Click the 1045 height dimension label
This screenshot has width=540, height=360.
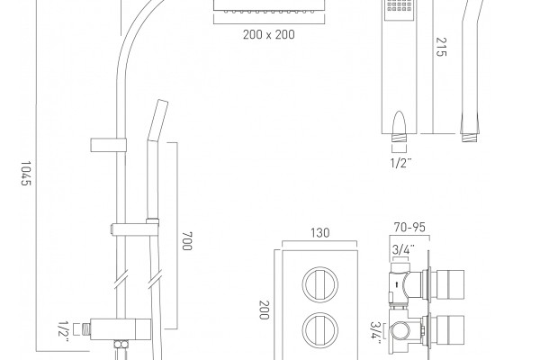(x=26, y=174)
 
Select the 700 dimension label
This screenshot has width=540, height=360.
(x=186, y=241)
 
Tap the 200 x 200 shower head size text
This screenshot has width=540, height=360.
(x=268, y=34)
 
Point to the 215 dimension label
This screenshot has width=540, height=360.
(x=441, y=47)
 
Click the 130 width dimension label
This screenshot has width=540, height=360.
(x=319, y=233)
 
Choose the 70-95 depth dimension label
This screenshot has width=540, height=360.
(x=409, y=228)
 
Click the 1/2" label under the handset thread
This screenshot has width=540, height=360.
(x=400, y=163)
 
